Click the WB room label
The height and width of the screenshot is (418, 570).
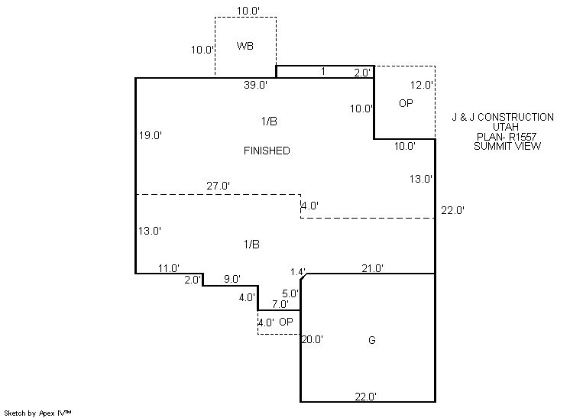245,46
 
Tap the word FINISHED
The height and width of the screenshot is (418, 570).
267,151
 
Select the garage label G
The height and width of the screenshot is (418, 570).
372,340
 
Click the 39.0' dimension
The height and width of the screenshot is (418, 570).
255,85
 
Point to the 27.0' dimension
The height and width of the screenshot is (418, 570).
218,186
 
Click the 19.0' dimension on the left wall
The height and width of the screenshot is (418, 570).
150,135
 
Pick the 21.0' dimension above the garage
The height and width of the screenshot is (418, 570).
373,268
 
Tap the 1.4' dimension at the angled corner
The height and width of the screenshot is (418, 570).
298,272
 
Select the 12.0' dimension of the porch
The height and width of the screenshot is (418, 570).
422,85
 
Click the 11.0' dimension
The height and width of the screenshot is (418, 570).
169,268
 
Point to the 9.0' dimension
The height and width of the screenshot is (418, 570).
232,279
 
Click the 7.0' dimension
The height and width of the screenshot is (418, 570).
280,304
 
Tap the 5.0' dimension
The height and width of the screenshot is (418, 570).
290,293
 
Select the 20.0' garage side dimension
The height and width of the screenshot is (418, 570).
313,339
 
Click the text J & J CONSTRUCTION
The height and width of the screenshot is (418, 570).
503,117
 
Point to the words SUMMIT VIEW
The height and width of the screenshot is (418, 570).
507,146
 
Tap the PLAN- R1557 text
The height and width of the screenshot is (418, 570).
507,137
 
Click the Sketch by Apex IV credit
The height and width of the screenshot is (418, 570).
37,413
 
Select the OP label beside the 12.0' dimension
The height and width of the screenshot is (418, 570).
406,103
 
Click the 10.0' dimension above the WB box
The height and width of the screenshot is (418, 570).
248,11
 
